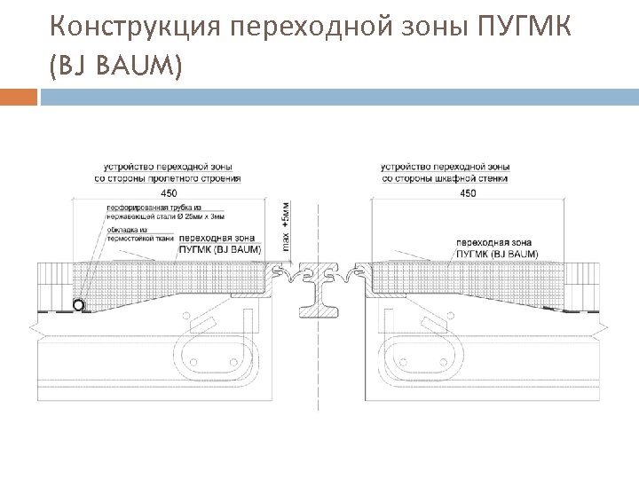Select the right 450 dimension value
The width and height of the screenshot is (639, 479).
pyautogui.click(x=468, y=192)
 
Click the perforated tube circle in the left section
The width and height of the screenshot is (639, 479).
pyautogui.click(x=79, y=305)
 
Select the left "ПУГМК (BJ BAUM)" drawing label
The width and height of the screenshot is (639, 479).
pyautogui.click(x=220, y=249)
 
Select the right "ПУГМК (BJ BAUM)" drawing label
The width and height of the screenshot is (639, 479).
pyautogui.click(x=496, y=254)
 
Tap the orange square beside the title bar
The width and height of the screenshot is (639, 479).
pyautogui.click(x=20, y=97)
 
